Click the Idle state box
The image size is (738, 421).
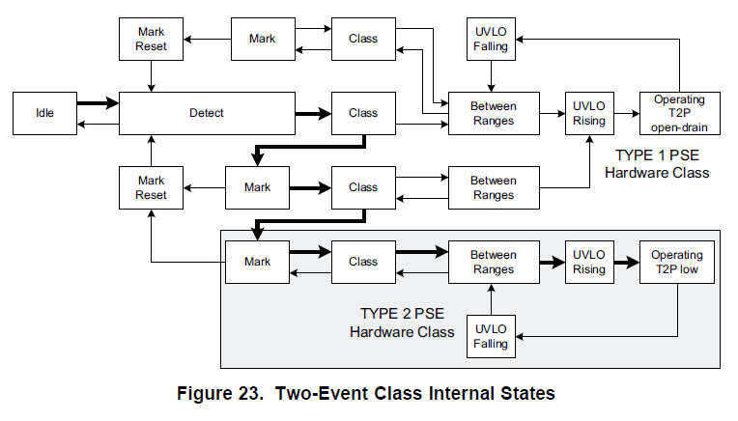[x=44, y=113]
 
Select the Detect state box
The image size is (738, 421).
[x=206, y=113]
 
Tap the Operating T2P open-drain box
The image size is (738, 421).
[x=679, y=113]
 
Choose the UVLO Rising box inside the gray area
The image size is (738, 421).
[x=588, y=262]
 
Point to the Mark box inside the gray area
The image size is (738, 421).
[x=257, y=262]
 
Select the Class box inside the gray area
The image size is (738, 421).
[x=363, y=262]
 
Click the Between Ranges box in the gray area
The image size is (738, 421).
[x=493, y=262]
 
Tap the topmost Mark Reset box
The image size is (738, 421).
[x=151, y=39]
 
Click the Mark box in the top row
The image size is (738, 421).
[x=261, y=39]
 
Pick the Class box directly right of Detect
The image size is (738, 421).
[x=363, y=113]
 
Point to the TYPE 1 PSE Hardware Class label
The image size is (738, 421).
[x=662, y=164]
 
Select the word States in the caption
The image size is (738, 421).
[x=529, y=393]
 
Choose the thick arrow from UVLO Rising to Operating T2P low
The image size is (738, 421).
[x=626, y=262]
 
